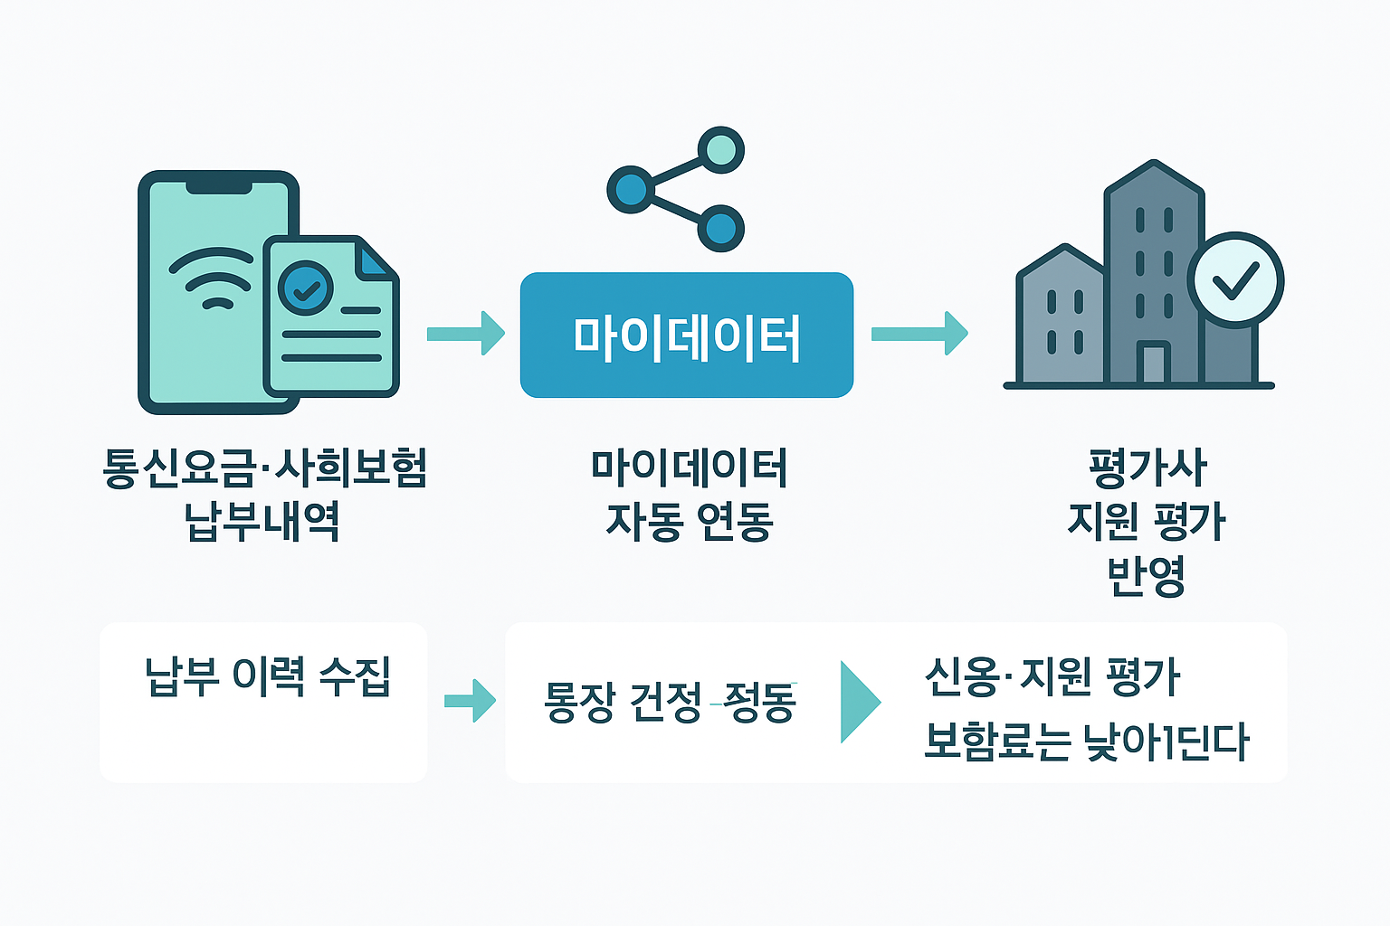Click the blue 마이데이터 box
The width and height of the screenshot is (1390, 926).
(686, 335)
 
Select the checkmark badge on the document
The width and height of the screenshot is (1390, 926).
(306, 288)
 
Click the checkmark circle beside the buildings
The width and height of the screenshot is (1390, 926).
(1235, 280)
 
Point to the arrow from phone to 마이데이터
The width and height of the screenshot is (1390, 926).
(465, 334)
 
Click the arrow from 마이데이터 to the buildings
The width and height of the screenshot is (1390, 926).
(919, 334)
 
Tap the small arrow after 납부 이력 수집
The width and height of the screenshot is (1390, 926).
(470, 701)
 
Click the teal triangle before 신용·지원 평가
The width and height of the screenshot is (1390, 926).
(859, 702)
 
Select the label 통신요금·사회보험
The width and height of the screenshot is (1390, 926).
(264, 468)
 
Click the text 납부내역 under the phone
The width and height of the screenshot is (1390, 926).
(262, 522)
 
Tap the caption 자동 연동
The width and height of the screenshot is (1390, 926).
(689, 522)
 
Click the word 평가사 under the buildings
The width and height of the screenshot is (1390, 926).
(1147, 468)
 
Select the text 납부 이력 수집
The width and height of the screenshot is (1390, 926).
(267, 676)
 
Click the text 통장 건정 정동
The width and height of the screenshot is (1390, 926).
(670, 703)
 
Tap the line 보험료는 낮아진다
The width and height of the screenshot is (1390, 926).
(1086, 742)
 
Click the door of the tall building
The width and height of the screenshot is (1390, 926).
(1154, 364)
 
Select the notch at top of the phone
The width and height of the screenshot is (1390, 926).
(219, 187)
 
